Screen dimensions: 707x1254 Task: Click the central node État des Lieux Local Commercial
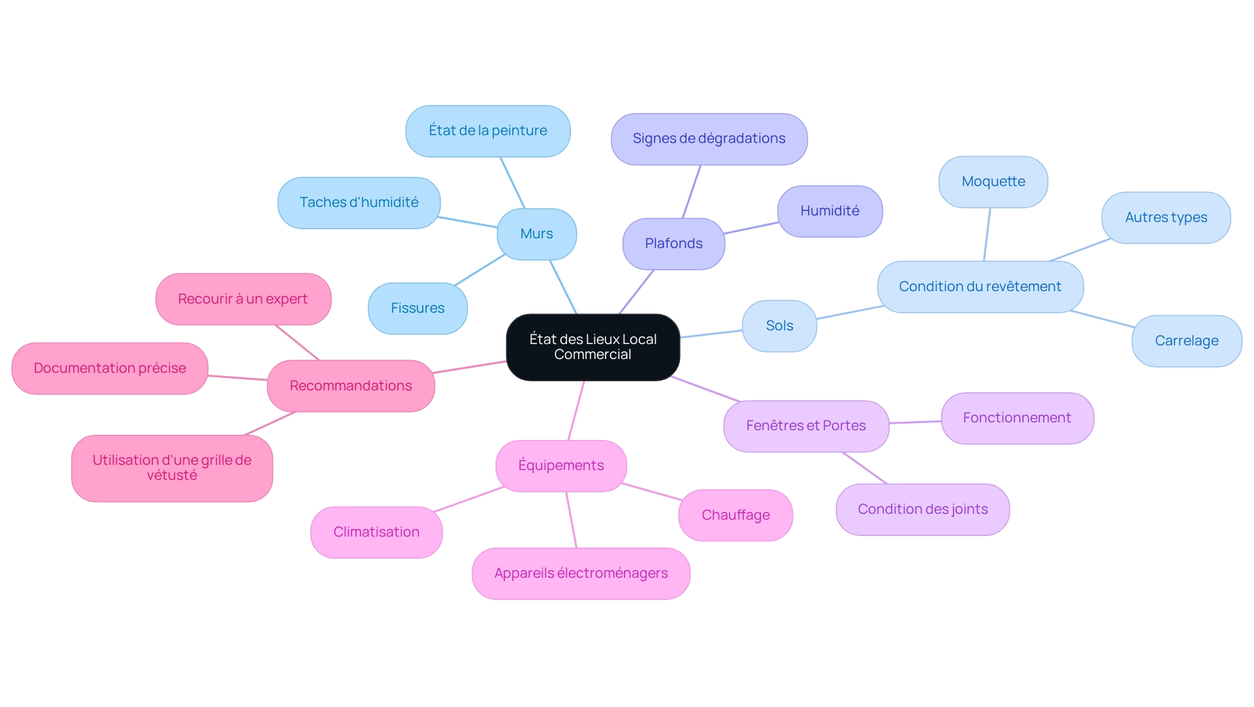pos(592,347)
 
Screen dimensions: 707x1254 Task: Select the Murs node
pos(536,234)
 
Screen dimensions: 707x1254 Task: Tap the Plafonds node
pos(673,244)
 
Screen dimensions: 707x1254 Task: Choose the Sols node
pos(779,326)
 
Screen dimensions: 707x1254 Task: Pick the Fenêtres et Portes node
pos(805,426)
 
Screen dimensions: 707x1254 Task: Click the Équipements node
pos(560,465)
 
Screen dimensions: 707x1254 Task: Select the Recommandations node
pos(351,386)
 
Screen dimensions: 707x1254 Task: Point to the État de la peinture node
pos(488,131)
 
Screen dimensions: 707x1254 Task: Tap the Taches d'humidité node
pos(359,202)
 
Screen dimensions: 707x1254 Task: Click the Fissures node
pos(417,308)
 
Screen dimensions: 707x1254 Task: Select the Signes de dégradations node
pos(709,138)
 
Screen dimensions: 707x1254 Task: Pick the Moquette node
pos(993,181)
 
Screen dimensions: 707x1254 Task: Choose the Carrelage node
pos(1186,341)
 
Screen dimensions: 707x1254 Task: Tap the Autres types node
pos(1166,217)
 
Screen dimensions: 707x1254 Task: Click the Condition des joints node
pos(922,509)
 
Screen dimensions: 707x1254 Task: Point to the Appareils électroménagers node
pos(581,573)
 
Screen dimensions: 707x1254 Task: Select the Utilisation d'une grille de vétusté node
pos(172,468)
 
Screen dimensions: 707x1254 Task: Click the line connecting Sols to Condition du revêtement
pos(849,312)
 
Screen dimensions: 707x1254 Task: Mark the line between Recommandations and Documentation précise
pos(238,377)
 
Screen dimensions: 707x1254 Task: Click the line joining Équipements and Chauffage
pos(652,492)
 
